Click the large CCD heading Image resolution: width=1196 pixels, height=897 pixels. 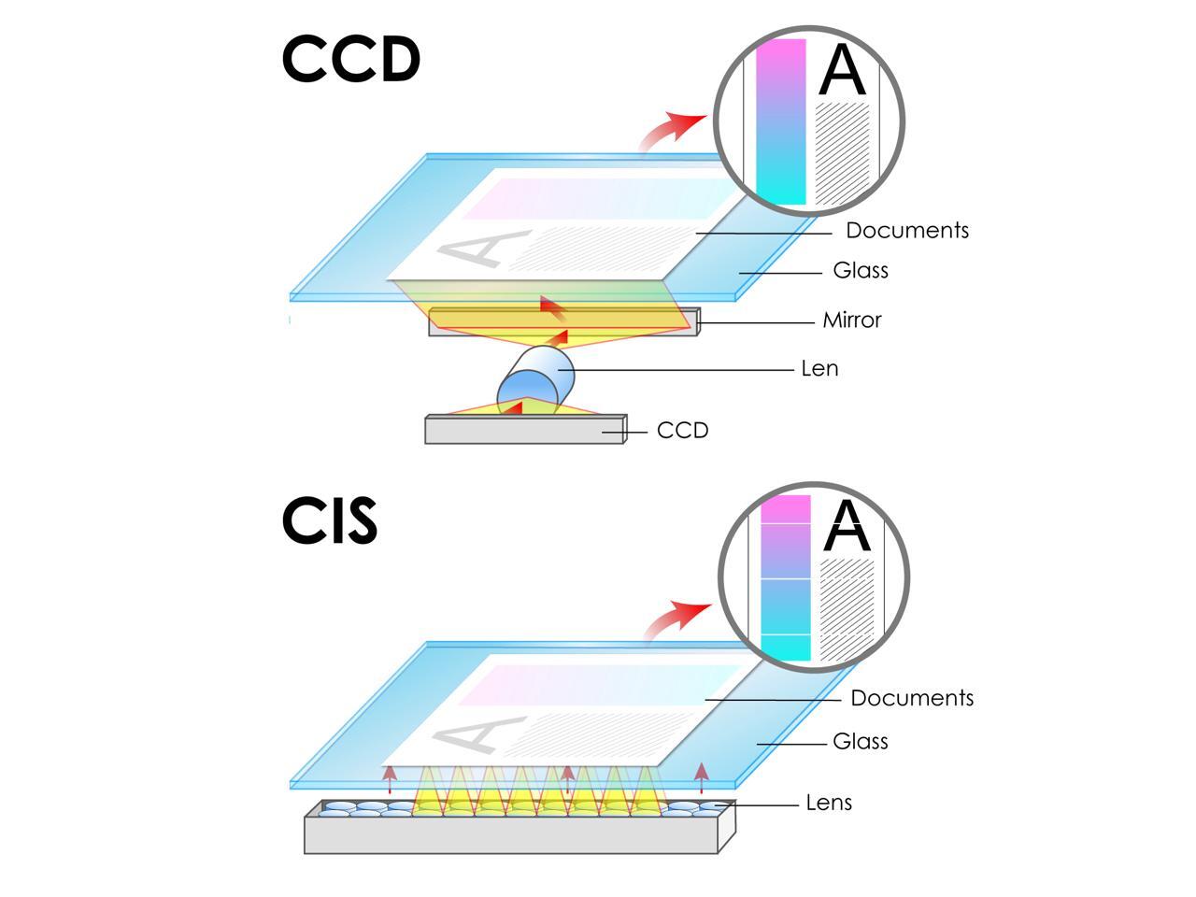tap(350, 59)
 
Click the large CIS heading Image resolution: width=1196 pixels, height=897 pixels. tap(329, 520)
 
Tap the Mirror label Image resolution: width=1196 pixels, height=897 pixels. tap(851, 320)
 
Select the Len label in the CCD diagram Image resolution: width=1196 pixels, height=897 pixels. tap(819, 369)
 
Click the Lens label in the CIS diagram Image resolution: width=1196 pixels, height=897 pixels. tap(829, 803)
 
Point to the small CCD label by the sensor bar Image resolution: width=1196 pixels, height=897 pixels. tap(682, 431)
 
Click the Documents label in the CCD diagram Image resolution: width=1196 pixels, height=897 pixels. tap(906, 231)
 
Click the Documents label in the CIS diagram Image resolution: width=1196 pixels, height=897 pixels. tap(911, 699)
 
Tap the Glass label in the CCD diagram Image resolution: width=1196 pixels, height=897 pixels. tap(860, 271)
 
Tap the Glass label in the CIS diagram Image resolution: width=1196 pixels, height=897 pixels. tap(860, 742)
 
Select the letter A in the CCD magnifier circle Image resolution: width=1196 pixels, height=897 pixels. tap(842, 70)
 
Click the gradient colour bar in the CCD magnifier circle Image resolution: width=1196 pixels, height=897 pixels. tap(780, 121)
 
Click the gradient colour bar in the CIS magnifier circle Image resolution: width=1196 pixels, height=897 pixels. tap(785, 577)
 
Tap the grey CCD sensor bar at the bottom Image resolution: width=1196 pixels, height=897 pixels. tap(523, 430)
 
